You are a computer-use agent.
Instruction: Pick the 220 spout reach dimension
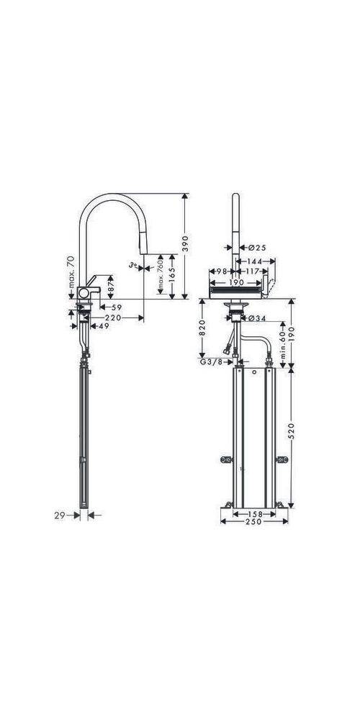click(x=112, y=318)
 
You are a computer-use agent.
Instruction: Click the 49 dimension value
click(x=104, y=326)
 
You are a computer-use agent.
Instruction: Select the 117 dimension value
click(x=252, y=271)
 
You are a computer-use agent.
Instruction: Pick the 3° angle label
click(x=132, y=265)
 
